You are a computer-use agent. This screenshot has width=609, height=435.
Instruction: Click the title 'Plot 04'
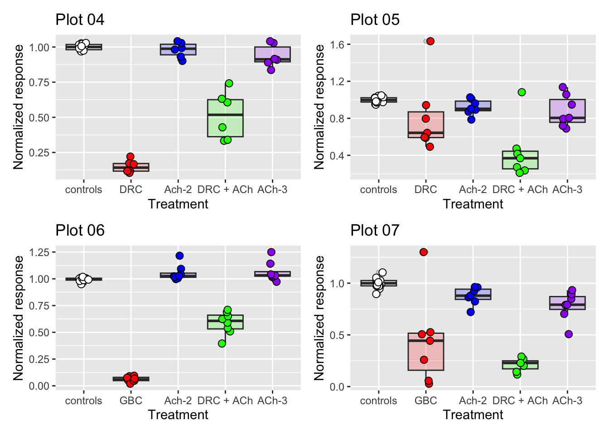(80, 19)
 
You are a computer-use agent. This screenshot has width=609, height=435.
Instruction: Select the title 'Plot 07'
(375, 230)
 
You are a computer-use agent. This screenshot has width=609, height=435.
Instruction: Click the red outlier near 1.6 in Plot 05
(430, 41)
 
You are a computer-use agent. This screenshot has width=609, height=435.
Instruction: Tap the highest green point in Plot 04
(229, 83)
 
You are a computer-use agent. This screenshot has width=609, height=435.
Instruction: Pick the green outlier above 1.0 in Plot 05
(522, 92)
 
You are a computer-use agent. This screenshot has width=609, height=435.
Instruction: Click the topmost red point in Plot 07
(423, 252)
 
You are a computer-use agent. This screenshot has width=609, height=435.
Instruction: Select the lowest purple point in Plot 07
(569, 334)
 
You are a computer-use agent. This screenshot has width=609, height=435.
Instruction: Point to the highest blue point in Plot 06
(179, 256)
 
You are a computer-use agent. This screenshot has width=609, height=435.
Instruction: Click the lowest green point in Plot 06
(222, 343)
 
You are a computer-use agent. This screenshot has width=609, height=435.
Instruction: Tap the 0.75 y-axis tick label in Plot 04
(39, 82)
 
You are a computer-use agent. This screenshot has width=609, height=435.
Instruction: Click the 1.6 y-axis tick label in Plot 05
(337, 44)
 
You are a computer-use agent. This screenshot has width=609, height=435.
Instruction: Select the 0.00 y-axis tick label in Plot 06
(39, 386)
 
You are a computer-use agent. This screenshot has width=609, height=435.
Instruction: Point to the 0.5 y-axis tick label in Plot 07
(337, 335)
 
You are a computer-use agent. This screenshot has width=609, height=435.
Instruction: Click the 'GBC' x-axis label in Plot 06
(131, 401)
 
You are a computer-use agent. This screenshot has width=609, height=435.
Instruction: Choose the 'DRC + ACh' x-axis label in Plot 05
(520, 189)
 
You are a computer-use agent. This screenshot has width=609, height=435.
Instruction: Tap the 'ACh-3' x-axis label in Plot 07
(567, 401)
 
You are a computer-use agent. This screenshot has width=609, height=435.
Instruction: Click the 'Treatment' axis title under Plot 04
(178, 204)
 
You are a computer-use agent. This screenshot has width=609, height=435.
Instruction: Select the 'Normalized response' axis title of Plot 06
(19, 318)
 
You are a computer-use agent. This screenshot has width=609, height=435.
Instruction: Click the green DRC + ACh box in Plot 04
(225, 118)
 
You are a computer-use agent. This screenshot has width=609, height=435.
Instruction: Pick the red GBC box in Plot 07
(426, 352)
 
